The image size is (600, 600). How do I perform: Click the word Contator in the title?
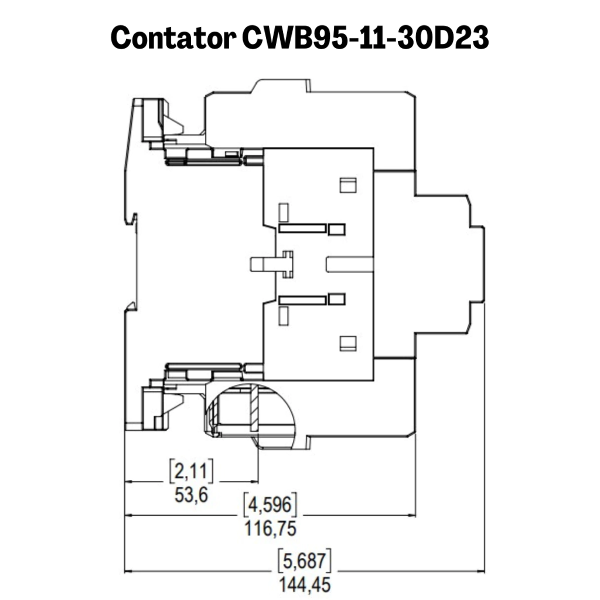173,37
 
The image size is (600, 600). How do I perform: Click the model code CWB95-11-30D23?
366,37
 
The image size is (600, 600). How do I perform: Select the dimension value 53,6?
191,495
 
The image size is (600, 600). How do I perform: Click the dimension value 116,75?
270,529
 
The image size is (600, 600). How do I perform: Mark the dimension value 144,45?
305,585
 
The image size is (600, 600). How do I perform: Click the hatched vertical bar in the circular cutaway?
254,408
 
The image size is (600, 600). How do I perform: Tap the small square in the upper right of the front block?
348,185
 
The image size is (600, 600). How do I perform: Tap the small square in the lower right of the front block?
348,343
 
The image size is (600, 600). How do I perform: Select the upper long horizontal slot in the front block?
302,229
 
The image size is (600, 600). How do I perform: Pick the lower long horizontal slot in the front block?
302,300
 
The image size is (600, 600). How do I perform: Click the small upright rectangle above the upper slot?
284,213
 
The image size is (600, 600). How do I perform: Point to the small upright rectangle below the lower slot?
284,316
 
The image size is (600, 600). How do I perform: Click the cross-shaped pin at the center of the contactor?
288,264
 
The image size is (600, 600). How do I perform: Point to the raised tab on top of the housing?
281,86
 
